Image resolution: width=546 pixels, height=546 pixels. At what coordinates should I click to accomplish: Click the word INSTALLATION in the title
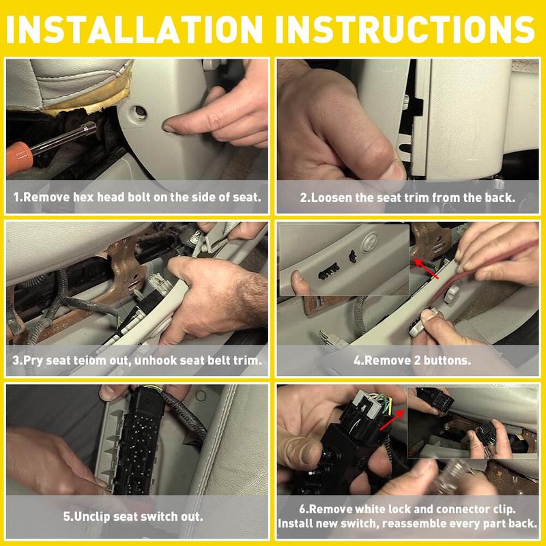coord(134,29)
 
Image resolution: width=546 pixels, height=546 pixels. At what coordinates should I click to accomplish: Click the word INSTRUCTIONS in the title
coord(404,29)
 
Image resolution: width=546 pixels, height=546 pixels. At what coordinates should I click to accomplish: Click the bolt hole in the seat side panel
coord(140,112)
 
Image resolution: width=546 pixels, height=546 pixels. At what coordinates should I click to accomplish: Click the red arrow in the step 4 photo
coord(426,268)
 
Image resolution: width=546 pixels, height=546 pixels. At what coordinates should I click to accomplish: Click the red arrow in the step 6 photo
coord(393,420)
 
